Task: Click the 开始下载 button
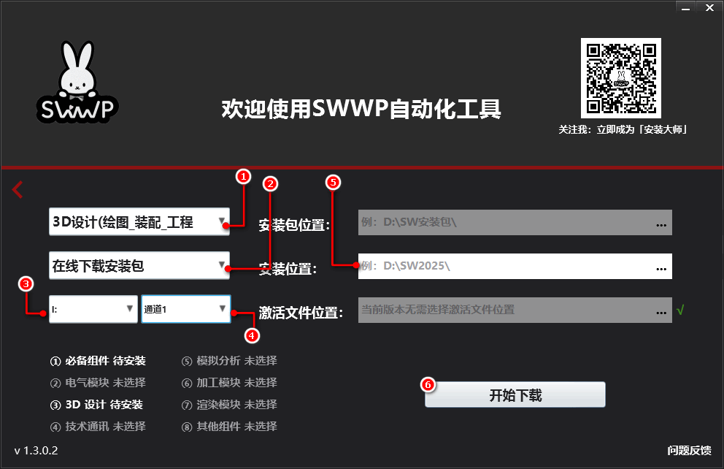[x=515, y=395]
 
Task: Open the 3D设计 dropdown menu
[x=139, y=222]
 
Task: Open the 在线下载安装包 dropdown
[x=139, y=266]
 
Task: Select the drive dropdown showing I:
[x=93, y=309]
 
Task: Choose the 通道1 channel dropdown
[x=185, y=309]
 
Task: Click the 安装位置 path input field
[x=504, y=266]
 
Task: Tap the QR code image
[x=620, y=78]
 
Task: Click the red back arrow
[x=18, y=190]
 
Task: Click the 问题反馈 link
[x=688, y=450]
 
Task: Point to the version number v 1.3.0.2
[x=36, y=450]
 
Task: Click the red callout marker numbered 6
[x=428, y=384]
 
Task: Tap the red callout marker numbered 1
[x=244, y=176]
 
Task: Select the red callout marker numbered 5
[x=333, y=183]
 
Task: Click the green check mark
[x=680, y=310]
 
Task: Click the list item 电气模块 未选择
[x=98, y=382]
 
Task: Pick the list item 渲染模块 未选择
[x=229, y=404]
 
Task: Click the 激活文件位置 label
[x=301, y=313]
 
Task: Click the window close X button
[x=709, y=7]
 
